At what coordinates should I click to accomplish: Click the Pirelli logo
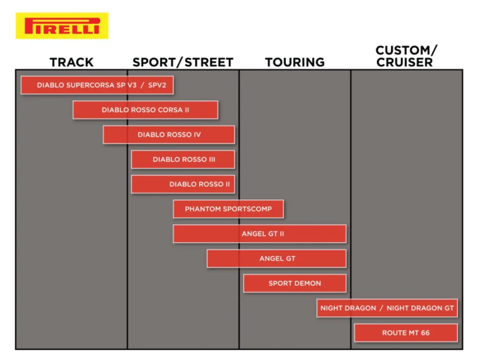(62, 26)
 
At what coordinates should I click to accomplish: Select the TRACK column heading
(72, 62)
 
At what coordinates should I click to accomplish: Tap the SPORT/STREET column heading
(183, 62)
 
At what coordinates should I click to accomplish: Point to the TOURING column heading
(295, 62)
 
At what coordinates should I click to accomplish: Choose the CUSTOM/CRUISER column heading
(406, 56)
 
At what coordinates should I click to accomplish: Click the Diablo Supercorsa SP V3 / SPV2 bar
(97, 85)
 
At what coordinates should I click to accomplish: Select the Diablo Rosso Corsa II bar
(145, 110)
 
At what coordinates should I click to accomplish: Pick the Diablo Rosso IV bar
(169, 135)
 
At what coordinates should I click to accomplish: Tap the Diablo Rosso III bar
(183, 160)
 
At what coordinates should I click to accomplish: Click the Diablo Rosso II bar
(183, 184)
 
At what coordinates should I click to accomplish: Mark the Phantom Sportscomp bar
(229, 209)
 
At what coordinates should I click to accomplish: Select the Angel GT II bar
(260, 234)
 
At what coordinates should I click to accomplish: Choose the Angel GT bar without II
(277, 259)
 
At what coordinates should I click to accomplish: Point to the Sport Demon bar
(295, 283)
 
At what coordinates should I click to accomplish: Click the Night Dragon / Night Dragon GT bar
(387, 308)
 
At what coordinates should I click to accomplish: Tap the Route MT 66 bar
(406, 333)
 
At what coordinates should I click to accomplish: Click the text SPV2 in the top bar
(157, 85)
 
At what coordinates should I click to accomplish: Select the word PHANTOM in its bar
(203, 209)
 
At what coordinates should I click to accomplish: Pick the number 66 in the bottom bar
(425, 333)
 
